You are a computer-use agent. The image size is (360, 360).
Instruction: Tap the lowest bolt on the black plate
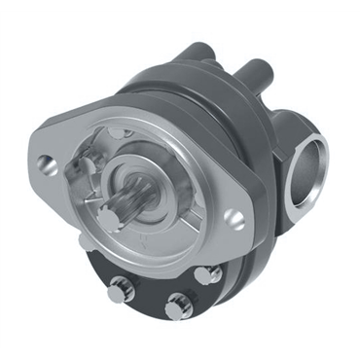(177, 307)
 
